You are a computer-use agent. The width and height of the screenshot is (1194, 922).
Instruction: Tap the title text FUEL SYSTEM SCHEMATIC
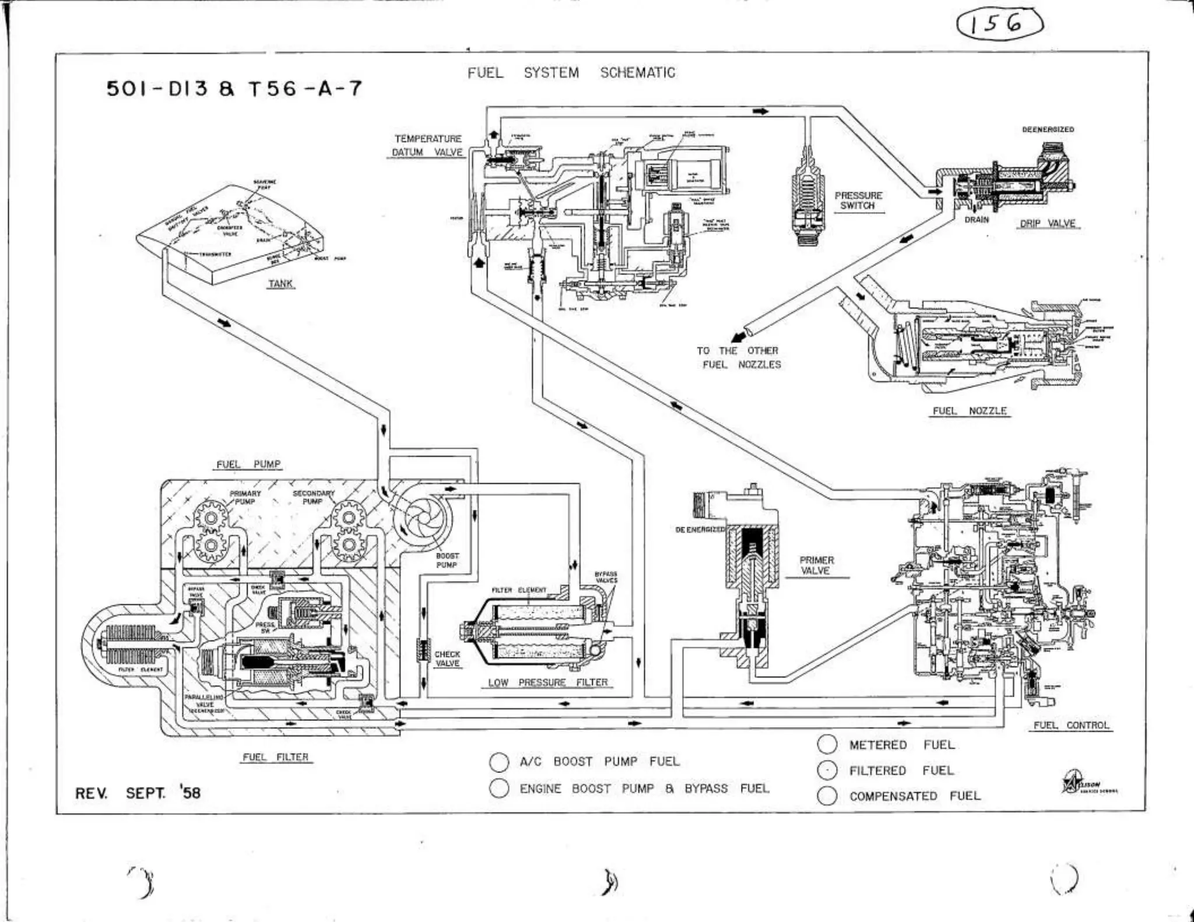tap(571, 73)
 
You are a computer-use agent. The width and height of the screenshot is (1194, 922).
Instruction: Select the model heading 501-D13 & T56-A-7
tap(234, 89)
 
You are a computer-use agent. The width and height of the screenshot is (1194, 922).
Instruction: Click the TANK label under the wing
tap(280, 284)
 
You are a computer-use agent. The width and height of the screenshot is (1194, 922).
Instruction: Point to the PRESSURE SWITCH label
tap(858, 200)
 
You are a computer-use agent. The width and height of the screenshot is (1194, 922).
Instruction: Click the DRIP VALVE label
tap(1048, 223)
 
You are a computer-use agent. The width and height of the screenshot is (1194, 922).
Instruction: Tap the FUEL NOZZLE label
tap(970, 411)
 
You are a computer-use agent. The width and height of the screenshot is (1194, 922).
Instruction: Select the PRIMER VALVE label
tap(816, 565)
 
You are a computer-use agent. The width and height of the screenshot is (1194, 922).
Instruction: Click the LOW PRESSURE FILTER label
tap(547, 682)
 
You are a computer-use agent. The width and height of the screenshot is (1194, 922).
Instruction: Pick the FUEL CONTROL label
tap(1071, 726)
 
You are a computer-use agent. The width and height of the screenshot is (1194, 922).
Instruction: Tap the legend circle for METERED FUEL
tap(827, 744)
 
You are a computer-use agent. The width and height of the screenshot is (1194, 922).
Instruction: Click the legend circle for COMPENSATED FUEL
tap(827, 796)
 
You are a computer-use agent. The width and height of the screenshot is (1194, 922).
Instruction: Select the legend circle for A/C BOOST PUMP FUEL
tap(499, 762)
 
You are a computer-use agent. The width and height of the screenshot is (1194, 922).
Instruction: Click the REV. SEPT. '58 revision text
tap(138, 793)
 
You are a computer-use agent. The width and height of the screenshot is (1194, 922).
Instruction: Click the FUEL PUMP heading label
tap(248, 464)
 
